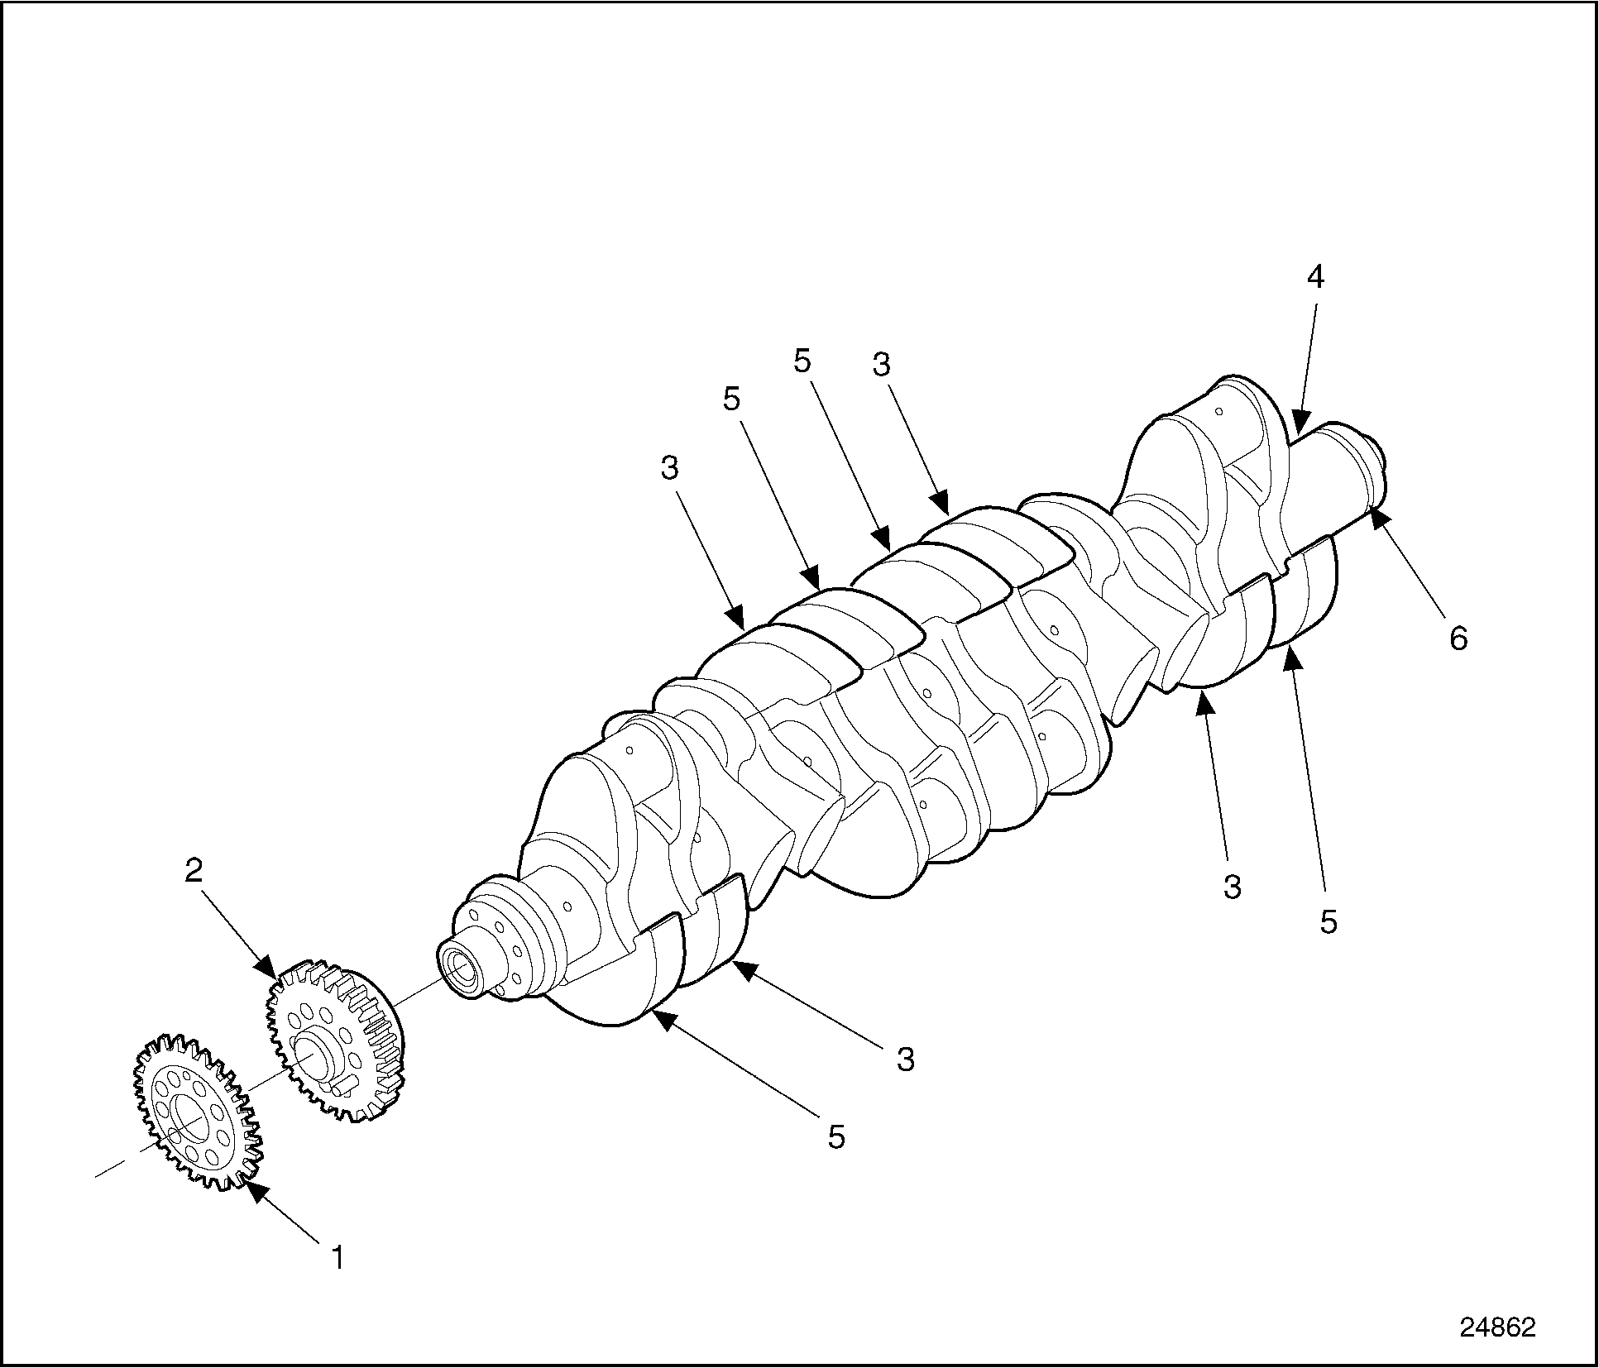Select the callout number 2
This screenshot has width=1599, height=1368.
point(194,871)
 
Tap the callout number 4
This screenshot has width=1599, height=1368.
point(1315,277)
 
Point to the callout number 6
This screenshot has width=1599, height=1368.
point(1458,638)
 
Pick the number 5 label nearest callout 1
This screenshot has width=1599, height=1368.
point(836,1137)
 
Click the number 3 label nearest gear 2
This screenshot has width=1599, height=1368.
point(906,1058)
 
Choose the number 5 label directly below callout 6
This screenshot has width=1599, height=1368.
point(1328,922)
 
